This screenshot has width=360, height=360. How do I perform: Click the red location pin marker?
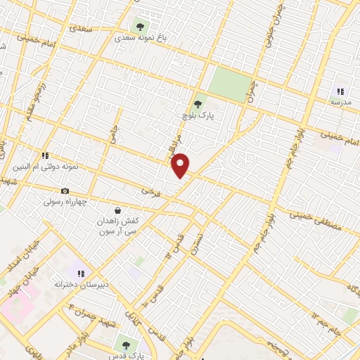click(181, 165)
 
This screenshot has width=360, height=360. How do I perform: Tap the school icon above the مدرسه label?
click(340, 91)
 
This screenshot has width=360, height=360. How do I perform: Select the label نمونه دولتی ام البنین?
click(46, 167)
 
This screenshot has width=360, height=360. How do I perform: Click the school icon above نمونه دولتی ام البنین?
click(45, 155)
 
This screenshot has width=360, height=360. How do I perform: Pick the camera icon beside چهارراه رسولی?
click(65, 191)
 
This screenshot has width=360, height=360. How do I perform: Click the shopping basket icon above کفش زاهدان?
click(117, 210)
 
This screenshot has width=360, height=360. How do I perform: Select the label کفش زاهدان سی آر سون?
click(117, 226)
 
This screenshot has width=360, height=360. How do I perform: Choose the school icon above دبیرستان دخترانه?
click(81, 273)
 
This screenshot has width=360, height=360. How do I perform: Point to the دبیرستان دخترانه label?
click(80, 285)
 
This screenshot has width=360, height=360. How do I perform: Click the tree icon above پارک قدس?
click(125, 345)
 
